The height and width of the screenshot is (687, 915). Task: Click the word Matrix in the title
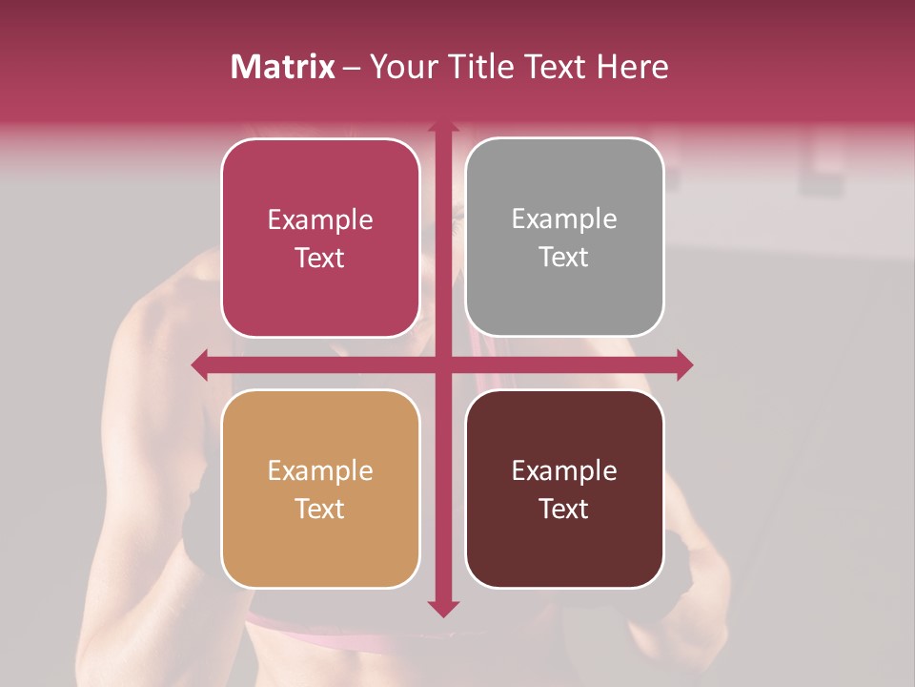(282, 67)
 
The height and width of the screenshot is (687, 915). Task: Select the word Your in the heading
(403, 67)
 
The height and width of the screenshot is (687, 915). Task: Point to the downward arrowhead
(443, 608)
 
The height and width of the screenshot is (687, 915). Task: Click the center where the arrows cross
(443, 364)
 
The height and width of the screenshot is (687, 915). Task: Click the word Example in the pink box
(320, 220)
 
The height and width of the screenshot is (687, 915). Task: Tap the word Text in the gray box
(564, 258)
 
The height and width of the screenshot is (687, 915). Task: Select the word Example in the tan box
(320, 471)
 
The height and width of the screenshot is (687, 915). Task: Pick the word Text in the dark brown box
(564, 509)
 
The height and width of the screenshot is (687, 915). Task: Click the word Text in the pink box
(320, 259)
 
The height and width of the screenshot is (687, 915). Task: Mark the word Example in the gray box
(564, 219)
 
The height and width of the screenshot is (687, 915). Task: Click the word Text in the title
(555, 67)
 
